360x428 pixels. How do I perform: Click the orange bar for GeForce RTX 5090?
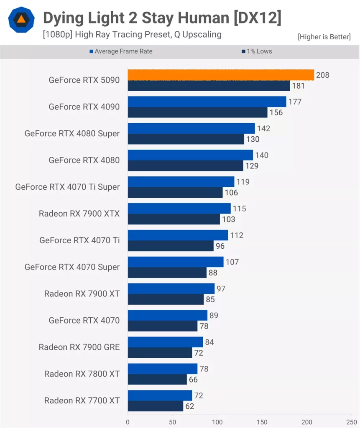click(x=221, y=75)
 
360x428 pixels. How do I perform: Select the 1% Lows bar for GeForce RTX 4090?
click(x=197, y=112)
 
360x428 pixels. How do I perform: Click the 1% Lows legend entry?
click(x=256, y=51)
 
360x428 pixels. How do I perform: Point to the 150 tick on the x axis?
click(x=262, y=422)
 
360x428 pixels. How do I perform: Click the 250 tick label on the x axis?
click(x=352, y=422)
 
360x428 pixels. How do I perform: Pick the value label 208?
click(x=323, y=75)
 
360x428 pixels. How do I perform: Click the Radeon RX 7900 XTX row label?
click(x=79, y=214)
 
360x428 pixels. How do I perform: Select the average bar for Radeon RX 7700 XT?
click(x=160, y=395)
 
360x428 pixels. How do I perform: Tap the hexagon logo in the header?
click(x=21, y=20)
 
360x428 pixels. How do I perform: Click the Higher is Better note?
click(x=324, y=37)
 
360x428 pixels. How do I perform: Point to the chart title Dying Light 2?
click(x=162, y=18)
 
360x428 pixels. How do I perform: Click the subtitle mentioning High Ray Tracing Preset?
click(x=132, y=34)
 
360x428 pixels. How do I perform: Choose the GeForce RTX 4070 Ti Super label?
click(x=67, y=187)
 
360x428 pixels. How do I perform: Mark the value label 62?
click(x=189, y=406)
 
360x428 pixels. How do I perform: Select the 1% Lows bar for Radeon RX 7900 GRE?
click(x=160, y=353)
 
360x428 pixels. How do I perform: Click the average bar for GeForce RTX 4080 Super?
click(x=191, y=128)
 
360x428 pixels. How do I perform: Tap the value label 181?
click(x=299, y=86)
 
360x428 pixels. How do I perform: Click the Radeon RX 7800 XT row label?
click(x=82, y=374)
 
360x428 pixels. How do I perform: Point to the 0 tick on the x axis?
click(x=128, y=422)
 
